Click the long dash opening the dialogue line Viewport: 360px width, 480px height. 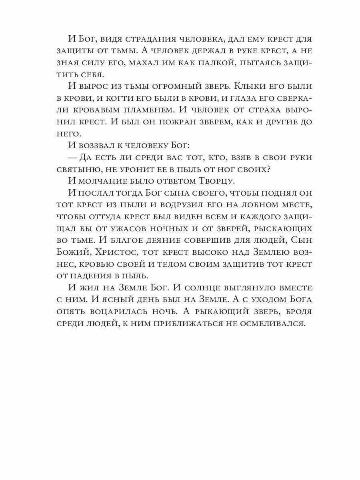click(x=73, y=157)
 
